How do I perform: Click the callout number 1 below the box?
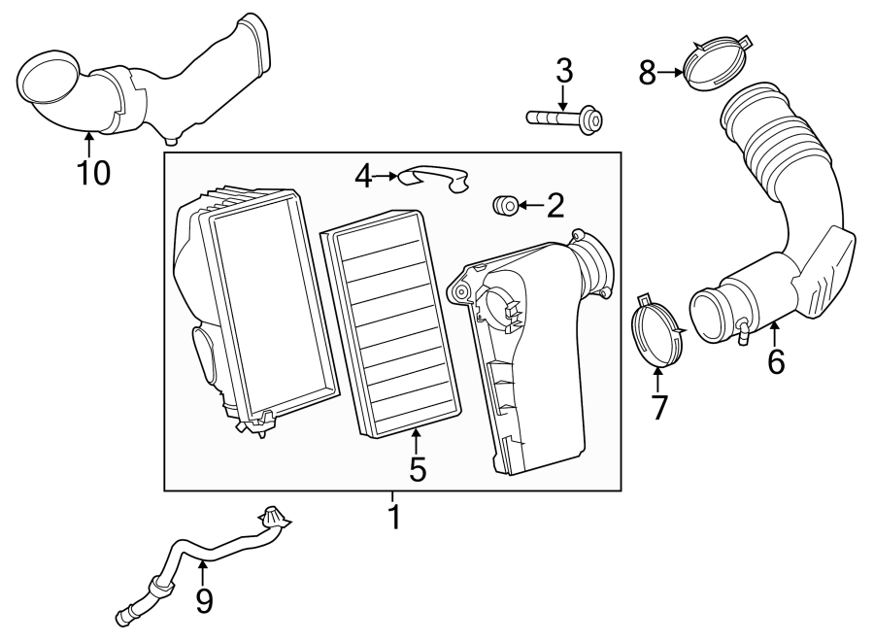[x=393, y=516]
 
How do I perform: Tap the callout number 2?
[x=555, y=205]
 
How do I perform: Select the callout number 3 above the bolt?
[x=564, y=71]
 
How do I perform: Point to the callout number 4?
[x=363, y=176]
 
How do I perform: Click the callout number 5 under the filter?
[x=417, y=469]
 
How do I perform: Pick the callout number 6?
[x=775, y=360]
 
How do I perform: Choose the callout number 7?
[x=659, y=407]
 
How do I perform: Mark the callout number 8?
[x=648, y=71]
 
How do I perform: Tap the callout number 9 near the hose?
[x=204, y=601]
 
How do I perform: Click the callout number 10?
[x=94, y=173]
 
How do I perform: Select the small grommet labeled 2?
[x=503, y=206]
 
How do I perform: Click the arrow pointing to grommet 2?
[x=528, y=205]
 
